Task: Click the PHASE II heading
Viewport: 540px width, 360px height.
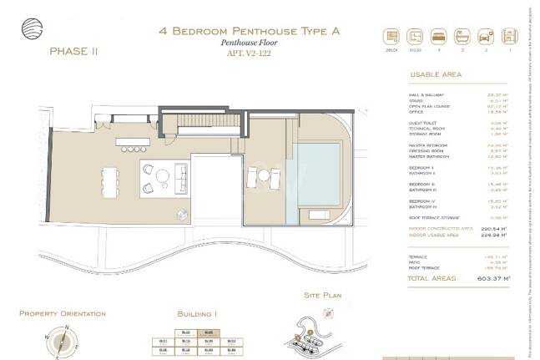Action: pyautogui.click(x=73, y=51)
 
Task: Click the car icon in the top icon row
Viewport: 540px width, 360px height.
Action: pyautogui.click(x=484, y=37)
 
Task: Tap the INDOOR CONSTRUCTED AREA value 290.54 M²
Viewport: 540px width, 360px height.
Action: pyautogui.click(x=497, y=227)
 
